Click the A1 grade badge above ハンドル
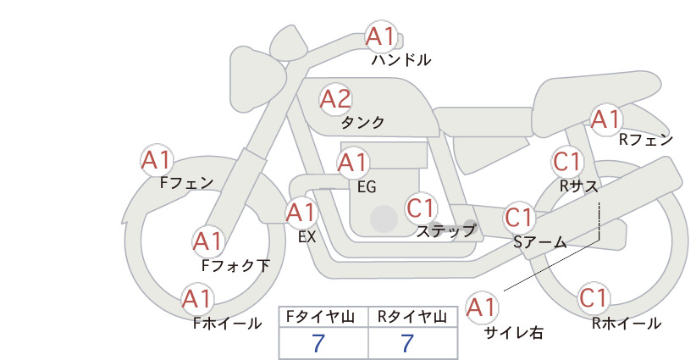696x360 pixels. pyautogui.click(x=381, y=36)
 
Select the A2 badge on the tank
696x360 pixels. pyautogui.click(x=335, y=99)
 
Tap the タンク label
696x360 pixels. pyautogui.click(x=362, y=122)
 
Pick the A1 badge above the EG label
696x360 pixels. pyautogui.click(x=353, y=163)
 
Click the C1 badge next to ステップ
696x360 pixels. pyautogui.click(x=420, y=208)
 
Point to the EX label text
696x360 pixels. pyautogui.click(x=307, y=237)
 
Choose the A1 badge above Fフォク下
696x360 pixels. pyautogui.click(x=207, y=241)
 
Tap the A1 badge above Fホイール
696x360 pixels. pyautogui.click(x=197, y=299)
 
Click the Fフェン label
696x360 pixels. pyautogui.click(x=187, y=182)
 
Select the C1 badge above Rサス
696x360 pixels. pyautogui.click(x=567, y=161)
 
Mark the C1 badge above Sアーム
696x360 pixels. pyautogui.click(x=519, y=218)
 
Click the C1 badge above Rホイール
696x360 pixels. pyautogui.click(x=594, y=298)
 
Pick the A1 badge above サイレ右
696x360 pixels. pyautogui.click(x=482, y=307)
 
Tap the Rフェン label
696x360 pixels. pyautogui.click(x=646, y=141)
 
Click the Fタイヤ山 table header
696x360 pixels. pyautogui.click(x=321, y=317)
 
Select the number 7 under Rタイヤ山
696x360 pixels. pyautogui.click(x=407, y=343)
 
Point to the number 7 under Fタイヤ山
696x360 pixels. pyautogui.click(x=318, y=343)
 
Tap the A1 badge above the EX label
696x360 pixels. pyautogui.click(x=301, y=213)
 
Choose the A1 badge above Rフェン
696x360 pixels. pyautogui.click(x=606, y=119)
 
